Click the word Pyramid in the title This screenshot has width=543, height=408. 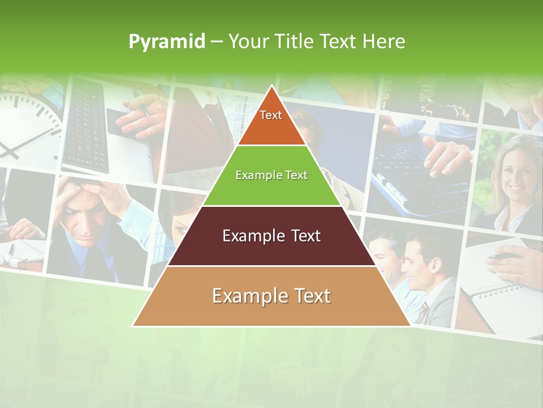click(166, 42)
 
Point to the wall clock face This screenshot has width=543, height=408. click(25, 127)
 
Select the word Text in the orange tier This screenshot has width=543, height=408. click(271, 115)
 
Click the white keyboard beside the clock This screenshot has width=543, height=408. click(85, 125)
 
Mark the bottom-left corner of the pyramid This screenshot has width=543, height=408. click(133, 326)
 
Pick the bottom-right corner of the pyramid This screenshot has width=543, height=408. click(410, 326)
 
